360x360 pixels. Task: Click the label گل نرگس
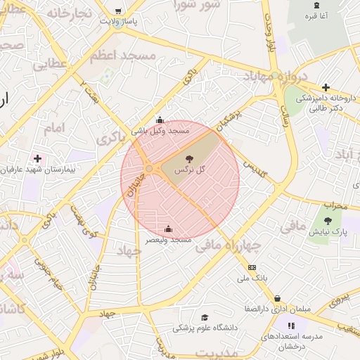coord(191,169)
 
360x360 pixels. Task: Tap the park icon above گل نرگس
coord(191,159)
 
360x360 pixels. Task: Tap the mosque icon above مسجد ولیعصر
coord(169,229)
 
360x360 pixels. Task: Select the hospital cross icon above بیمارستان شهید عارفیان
coord(37,158)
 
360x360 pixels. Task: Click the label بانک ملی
coord(252,278)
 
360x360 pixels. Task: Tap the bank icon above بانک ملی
coord(252,267)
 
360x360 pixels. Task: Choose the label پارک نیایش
coord(328,231)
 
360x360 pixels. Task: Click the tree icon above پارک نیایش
coord(328,220)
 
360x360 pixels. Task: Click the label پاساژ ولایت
coord(118,21)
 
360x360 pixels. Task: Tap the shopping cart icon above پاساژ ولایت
coord(118,11)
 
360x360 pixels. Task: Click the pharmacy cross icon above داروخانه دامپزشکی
coord(326,87)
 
